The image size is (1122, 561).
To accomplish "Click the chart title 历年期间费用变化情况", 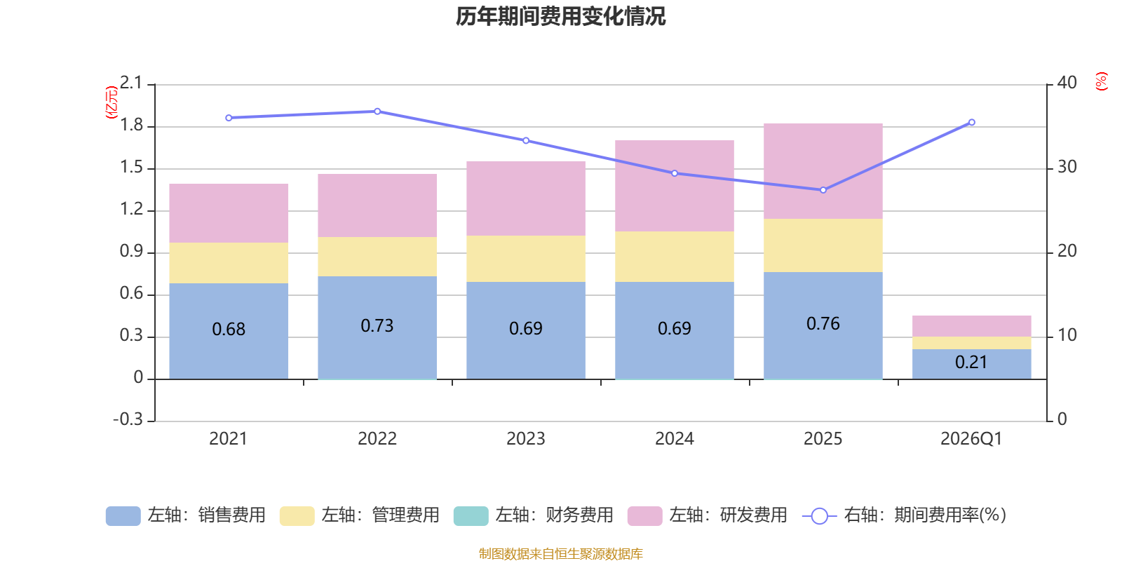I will point(560,16).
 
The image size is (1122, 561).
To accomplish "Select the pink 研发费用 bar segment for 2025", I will point(823,171).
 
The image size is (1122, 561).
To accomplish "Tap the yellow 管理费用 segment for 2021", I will point(229,263).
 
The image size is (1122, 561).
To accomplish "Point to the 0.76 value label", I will point(823,324).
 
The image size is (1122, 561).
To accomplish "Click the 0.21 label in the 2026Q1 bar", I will point(971,363).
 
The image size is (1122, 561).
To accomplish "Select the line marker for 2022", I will point(377,111).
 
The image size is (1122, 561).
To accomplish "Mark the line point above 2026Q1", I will point(971,123).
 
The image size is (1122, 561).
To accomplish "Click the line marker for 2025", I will point(823,190).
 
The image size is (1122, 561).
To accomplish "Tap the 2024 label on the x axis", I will point(674,439).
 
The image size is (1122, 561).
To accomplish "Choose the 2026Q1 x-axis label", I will point(971,439).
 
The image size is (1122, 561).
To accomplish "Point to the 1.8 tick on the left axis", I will point(131,126).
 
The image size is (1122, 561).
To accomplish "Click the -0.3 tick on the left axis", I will point(128,419).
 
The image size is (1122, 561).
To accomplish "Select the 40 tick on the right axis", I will point(1067,83).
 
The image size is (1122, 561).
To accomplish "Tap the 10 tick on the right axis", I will point(1067,335).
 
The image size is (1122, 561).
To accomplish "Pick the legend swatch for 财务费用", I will point(471,516).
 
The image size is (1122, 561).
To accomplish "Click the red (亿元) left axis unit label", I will point(111,102).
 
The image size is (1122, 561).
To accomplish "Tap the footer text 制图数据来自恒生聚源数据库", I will point(560,554).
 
